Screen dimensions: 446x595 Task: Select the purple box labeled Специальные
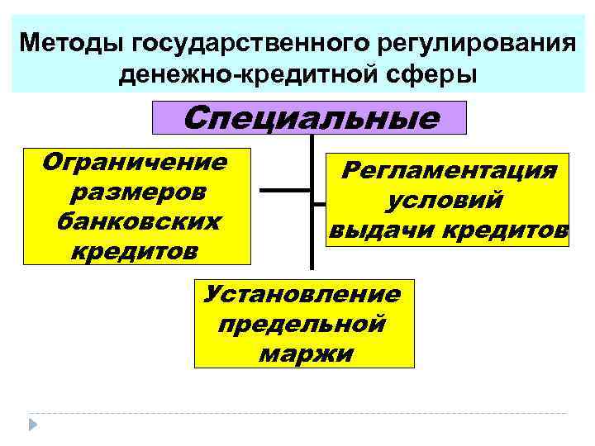(x=310, y=118)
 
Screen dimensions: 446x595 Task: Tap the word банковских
(x=136, y=221)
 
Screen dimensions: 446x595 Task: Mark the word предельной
(x=302, y=324)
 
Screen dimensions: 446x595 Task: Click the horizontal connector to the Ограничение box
(x=285, y=191)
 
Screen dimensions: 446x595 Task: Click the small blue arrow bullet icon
(x=34, y=425)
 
